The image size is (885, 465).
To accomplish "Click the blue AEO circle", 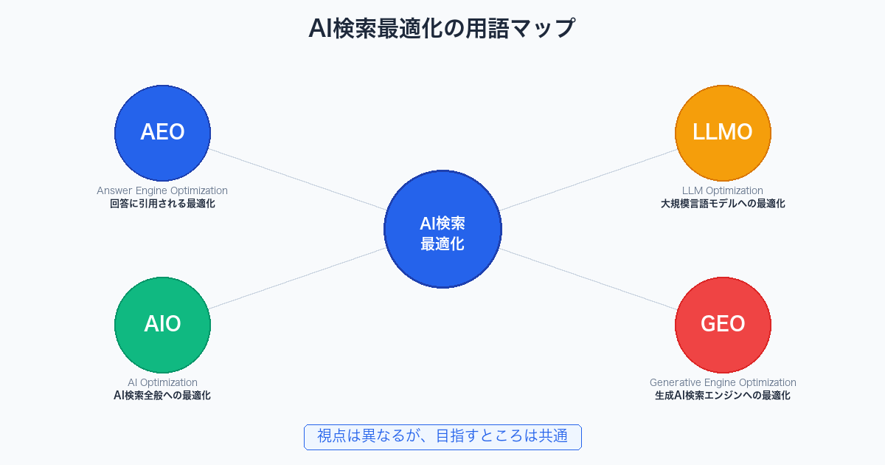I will [162, 133].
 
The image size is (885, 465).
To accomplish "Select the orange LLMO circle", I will [723, 133].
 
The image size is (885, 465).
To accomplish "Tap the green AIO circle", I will [162, 325].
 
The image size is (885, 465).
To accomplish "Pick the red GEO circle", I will [723, 325].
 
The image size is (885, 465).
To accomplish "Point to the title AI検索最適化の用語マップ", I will [442, 29].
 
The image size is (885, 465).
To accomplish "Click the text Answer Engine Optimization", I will [162, 190].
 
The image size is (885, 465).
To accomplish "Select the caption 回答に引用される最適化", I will [162, 204].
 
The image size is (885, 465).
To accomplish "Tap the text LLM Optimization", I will [723, 190].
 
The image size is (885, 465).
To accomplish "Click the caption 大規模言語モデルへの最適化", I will [723, 204].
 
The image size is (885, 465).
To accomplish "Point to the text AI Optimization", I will [162, 382].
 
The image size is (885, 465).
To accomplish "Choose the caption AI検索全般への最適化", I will [162, 396].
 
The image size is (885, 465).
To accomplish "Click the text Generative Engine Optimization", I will [723, 382].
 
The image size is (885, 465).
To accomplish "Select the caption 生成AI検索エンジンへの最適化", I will [723, 396].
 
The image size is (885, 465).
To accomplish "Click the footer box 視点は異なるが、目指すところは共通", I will [442, 436].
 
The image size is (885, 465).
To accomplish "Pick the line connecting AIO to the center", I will [295, 278].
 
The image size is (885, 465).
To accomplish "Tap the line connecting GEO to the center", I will [590, 278].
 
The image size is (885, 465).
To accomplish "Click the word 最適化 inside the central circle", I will [442, 244].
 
